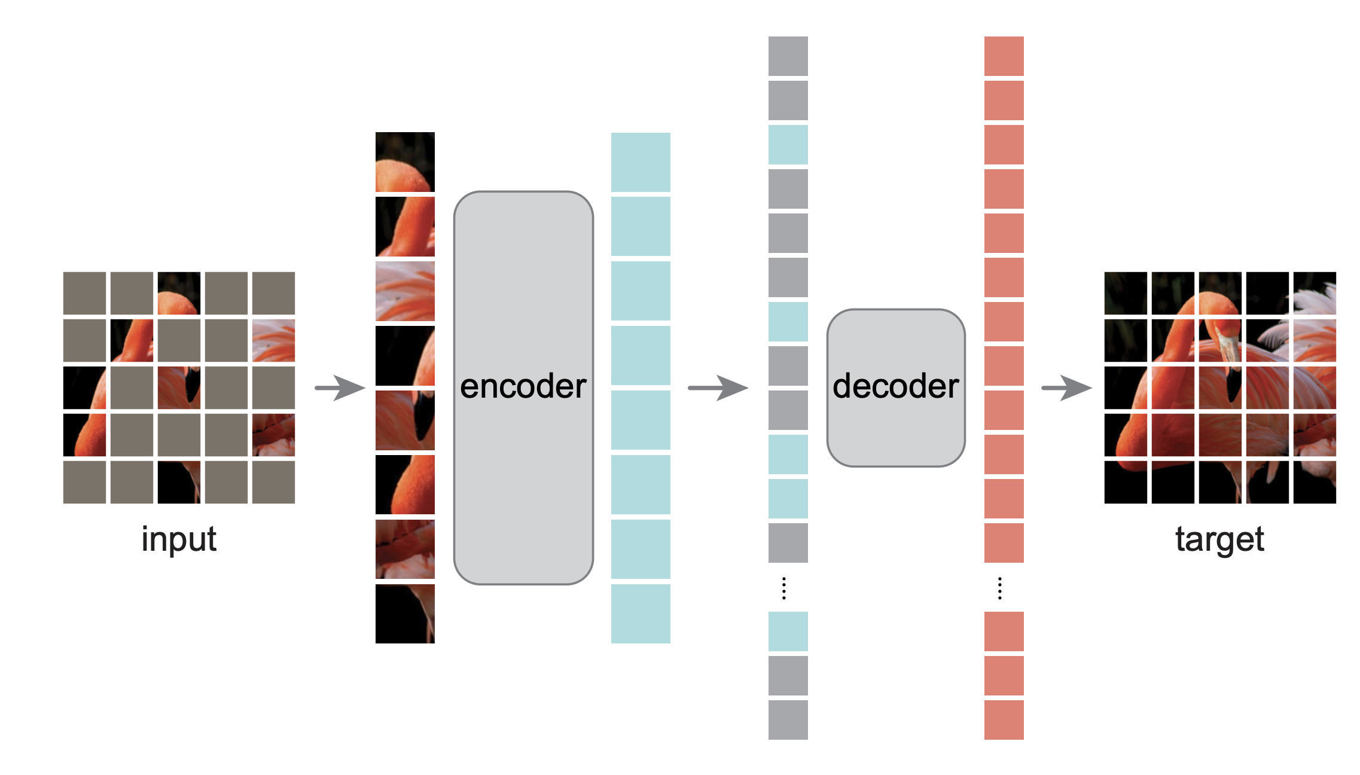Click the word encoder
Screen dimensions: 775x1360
point(523,386)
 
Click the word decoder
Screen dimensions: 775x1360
point(895,386)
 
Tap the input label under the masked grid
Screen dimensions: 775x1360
point(178,539)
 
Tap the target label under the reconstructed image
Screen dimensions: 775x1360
point(1219,539)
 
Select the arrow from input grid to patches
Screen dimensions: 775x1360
point(340,388)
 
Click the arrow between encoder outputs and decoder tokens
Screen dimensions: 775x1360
point(718,388)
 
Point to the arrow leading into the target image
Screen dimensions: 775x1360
point(1066,388)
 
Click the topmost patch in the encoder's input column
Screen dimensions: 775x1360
point(405,162)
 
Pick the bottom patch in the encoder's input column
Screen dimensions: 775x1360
point(405,614)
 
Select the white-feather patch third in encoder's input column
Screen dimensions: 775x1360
point(405,291)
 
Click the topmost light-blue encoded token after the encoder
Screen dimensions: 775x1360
point(641,162)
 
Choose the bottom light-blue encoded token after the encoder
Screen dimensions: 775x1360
point(641,614)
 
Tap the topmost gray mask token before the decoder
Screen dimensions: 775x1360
point(788,56)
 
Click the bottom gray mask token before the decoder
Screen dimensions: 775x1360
point(788,719)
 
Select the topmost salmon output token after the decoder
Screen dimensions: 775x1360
point(1004,56)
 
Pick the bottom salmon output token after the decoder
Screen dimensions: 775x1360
point(1004,719)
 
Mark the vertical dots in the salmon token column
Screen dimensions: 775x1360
point(999,588)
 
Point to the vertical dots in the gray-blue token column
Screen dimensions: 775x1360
point(784,588)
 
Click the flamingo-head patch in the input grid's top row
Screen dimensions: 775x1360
point(179,293)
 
